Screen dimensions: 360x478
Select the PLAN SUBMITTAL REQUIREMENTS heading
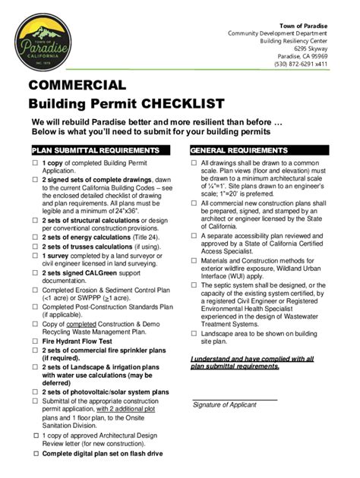95,150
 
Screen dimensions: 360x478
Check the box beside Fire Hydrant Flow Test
34,341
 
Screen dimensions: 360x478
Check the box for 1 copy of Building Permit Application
34,164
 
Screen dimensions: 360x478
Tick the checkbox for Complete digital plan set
34,453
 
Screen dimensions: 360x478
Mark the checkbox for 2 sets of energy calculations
34,237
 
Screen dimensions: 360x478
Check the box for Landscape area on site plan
193,333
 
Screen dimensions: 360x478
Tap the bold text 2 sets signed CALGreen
81,272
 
